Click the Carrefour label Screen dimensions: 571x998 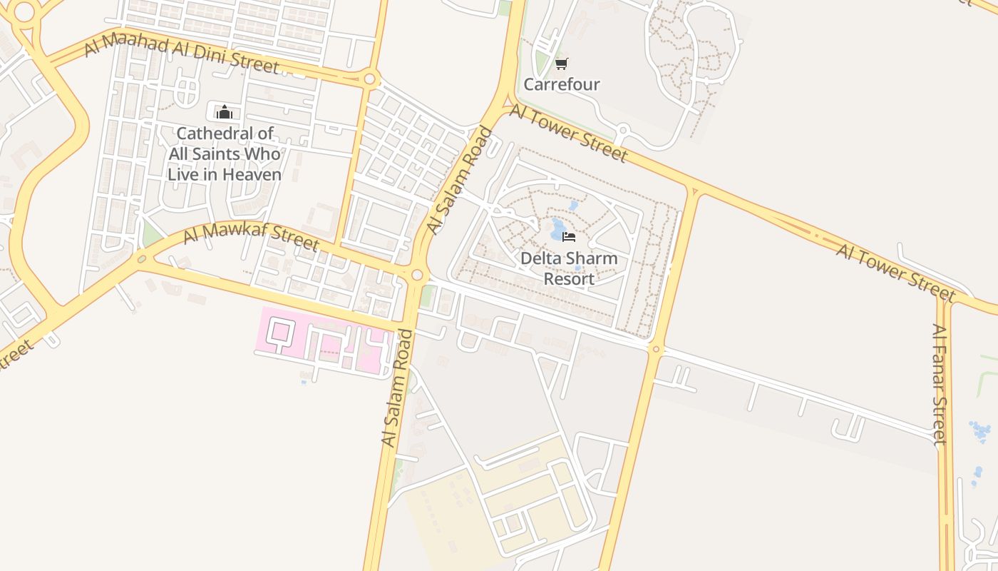point(562,84)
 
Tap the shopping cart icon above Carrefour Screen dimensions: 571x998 point(561,64)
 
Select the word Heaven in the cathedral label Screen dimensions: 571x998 point(252,174)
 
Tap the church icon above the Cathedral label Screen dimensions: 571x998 point(225,112)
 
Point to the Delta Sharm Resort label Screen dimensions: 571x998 point(569,268)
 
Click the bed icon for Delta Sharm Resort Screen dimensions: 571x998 point(569,236)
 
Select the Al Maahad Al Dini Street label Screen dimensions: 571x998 point(181,56)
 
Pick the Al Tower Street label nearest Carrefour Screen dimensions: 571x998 point(568,133)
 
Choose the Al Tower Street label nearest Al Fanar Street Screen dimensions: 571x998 point(895,273)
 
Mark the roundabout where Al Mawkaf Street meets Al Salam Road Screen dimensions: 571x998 point(416,275)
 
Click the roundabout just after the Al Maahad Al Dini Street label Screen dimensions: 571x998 point(369,79)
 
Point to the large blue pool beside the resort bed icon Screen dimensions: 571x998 point(557,231)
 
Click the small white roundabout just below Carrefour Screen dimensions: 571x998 point(622,131)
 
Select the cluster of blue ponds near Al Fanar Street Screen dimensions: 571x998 point(980,430)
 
